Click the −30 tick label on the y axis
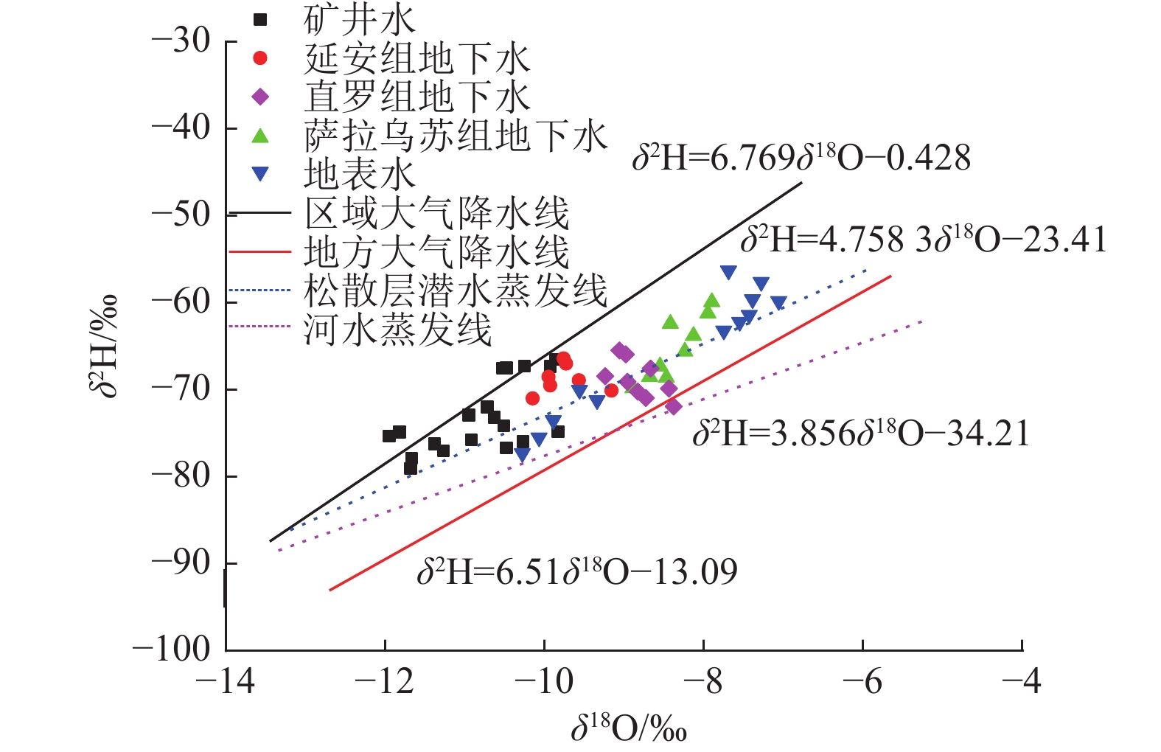[181, 41]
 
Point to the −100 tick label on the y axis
[171, 650]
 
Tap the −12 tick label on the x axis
[384, 682]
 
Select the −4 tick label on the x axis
[1021, 682]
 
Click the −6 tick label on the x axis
[862, 682]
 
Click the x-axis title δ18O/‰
[629, 728]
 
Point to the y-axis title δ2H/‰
[104, 347]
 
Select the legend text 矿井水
[360, 20]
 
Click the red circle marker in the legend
[260, 58]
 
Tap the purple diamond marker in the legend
[260, 97]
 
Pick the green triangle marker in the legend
[260, 136]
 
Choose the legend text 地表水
[360, 175]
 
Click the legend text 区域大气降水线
[436, 214]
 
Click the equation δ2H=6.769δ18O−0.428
[801, 159]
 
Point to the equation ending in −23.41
[924, 240]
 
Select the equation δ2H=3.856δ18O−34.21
[860, 434]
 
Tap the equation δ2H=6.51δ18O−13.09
[577, 572]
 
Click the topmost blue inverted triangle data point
[728, 273]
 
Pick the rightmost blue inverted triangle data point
[778, 303]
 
